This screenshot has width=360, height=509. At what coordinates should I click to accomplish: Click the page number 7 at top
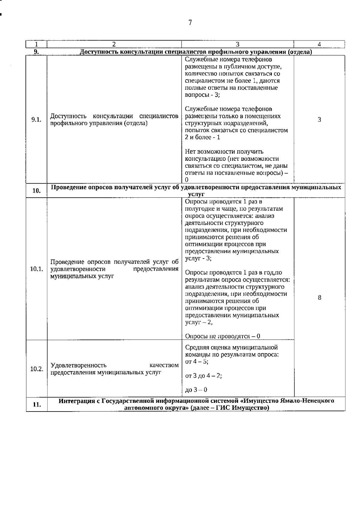(190, 23)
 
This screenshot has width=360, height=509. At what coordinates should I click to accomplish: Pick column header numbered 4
(319, 44)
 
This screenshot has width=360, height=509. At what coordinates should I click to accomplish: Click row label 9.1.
(36, 120)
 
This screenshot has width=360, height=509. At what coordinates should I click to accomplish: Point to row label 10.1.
(37, 269)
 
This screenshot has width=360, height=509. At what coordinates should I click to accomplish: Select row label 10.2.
(37, 369)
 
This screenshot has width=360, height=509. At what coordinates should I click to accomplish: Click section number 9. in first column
(36, 52)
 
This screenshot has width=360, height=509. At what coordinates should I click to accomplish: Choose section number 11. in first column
(37, 405)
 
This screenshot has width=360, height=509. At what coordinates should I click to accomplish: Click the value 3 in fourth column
(319, 120)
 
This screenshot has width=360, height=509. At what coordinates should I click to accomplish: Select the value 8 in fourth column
(319, 298)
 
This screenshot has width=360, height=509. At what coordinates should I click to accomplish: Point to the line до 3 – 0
(196, 390)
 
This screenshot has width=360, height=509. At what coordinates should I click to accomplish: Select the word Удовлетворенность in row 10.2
(79, 365)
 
